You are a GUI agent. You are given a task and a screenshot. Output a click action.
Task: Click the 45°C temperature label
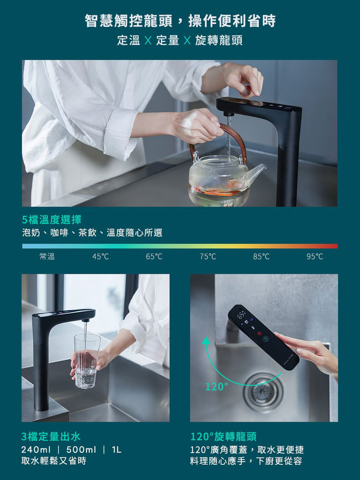pyautogui.click(x=100, y=257)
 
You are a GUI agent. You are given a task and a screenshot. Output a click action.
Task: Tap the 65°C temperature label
pyautogui.click(x=154, y=257)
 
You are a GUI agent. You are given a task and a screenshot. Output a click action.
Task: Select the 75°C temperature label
pyautogui.click(x=208, y=257)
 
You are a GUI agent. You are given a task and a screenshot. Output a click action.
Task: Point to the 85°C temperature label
pyautogui.click(x=261, y=257)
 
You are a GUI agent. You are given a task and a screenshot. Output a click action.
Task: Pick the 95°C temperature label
pyautogui.click(x=315, y=257)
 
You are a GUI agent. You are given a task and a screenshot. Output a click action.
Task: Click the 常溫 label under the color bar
pyautogui.click(x=47, y=257)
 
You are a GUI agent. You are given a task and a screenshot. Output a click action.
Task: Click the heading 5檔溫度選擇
pyautogui.click(x=52, y=219)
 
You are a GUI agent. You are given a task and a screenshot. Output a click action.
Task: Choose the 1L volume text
pyautogui.click(x=116, y=450)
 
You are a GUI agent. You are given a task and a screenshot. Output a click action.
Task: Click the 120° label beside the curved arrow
pyautogui.click(x=216, y=386)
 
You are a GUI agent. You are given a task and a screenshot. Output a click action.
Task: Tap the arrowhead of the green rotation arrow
pyautogui.click(x=206, y=341)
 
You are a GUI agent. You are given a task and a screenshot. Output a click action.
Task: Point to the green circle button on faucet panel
pyautogui.click(x=266, y=339)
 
